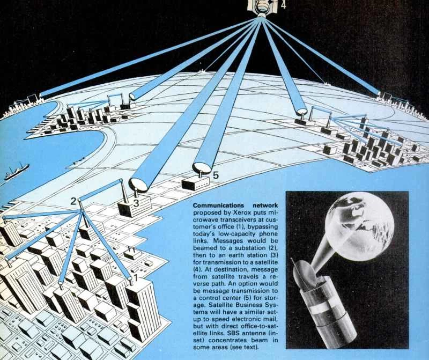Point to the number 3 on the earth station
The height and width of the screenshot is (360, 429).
[x=136, y=203]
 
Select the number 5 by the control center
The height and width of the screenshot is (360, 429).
[x=216, y=175]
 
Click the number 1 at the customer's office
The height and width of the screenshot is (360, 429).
[x=135, y=278]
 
